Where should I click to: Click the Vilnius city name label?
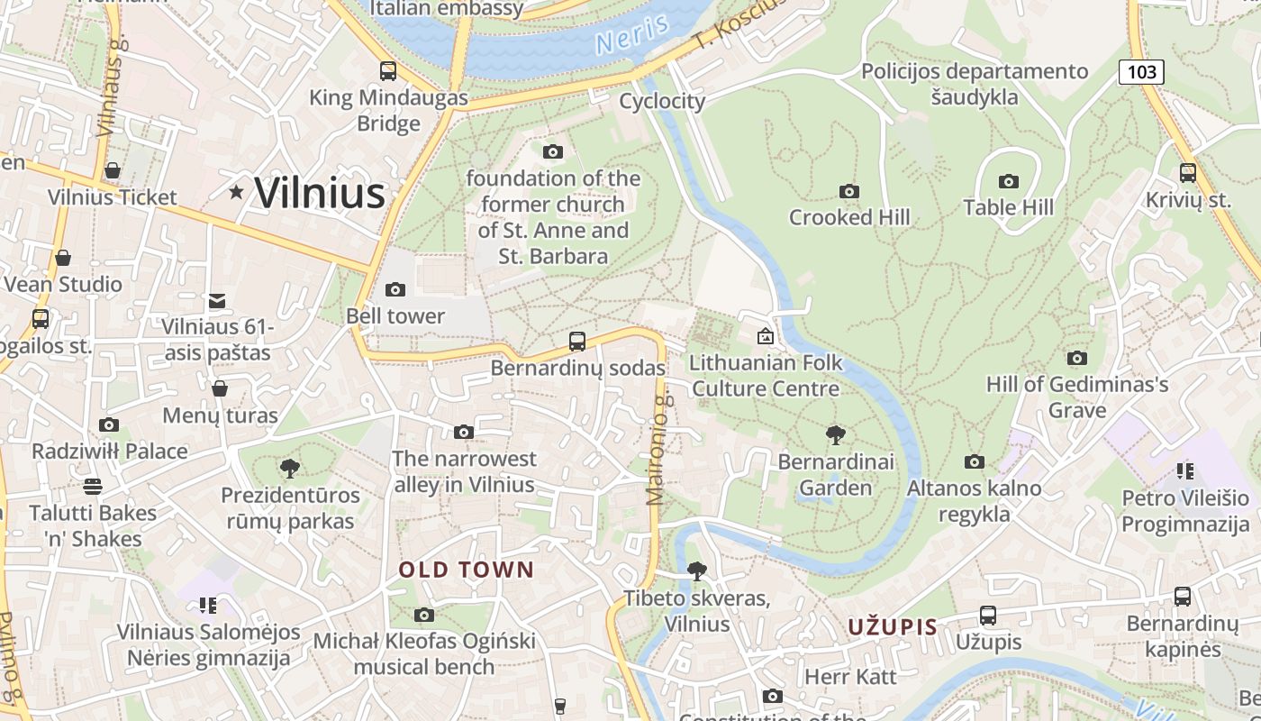320,193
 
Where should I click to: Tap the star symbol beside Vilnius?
237,191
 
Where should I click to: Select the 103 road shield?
1141,72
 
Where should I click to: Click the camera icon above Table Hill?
1009,181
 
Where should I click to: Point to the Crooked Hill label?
849,217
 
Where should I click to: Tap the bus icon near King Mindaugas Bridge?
388,70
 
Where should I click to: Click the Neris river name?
631,34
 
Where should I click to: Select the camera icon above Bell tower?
395,289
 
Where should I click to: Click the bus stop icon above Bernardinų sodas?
577,342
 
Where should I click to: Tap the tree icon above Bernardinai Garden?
836,435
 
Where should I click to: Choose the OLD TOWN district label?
467,570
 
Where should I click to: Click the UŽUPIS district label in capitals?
893,626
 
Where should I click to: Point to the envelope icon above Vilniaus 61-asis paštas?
217,301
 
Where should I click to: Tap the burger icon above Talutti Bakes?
92,487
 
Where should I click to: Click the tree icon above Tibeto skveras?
696,570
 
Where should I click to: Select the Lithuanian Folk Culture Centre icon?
766,337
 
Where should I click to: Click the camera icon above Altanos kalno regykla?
974,461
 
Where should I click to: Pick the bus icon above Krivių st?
1188,172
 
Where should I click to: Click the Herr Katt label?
850,676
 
